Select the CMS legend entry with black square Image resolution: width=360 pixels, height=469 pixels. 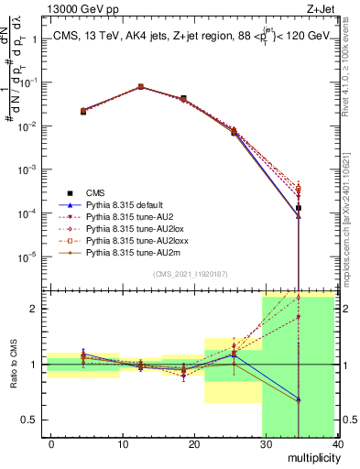pyautogui.click(x=95, y=192)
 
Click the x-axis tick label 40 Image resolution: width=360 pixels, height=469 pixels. pyautogui.click(x=338, y=444)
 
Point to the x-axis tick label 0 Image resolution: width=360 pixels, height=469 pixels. pyautogui.click(x=51, y=444)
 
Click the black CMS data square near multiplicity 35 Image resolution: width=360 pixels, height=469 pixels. pyautogui.click(x=324, y=208)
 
